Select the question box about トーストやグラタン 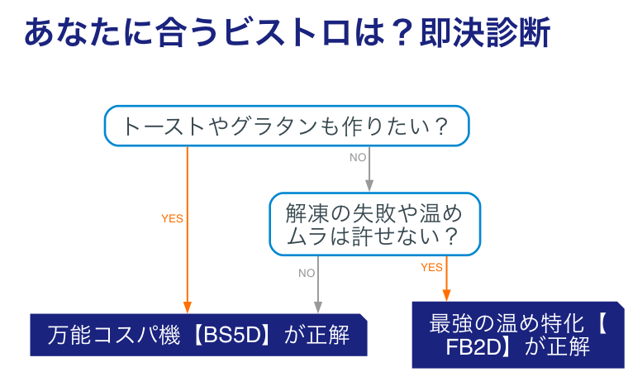tap(286, 126)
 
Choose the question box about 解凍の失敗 tap(373, 224)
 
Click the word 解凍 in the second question tap(304, 212)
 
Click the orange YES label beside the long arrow tap(172, 219)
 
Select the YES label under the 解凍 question tap(431, 267)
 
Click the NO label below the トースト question tap(358, 157)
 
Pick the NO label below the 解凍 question tap(307, 273)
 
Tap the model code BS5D tap(234, 336)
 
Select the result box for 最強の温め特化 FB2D tap(517, 334)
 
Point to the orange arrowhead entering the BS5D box tap(187, 308)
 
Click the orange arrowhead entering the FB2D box tap(447, 294)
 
